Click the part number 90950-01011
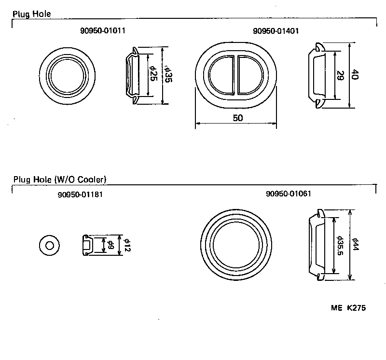[x=103, y=31]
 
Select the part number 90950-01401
[x=276, y=31]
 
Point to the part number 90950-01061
[x=288, y=194]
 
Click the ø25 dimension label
[x=153, y=75]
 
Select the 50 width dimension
[x=237, y=118]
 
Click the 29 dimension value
[x=340, y=75]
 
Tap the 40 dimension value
[x=355, y=75]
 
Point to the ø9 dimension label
[x=110, y=245]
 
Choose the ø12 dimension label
[x=126, y=245]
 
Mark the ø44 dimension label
[x=356, y=245]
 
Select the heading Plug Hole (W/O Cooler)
[x=60, y=180]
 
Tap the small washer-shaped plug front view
[x=49, y=245]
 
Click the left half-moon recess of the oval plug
[x=222, y=75]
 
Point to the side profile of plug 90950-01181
[x=87, y=245]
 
